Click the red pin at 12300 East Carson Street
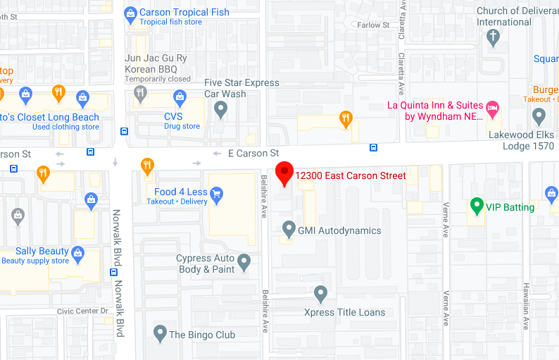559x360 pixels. click(x=284, y=172)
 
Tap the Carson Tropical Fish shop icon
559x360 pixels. click(x=130, y=13)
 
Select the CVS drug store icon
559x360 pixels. click(x=180, y=96)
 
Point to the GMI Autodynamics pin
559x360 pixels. click(x=288, y=229)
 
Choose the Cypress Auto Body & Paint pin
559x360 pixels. click(x=244, y=262)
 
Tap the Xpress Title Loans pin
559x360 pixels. click(x=320, y=293)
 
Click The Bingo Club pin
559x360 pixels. click(x=160, y=333)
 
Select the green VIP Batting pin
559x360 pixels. click(x=477, y=206)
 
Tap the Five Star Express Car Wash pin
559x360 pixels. click(x=220, y=108)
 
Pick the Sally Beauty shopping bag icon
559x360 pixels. click(x=77, y=252)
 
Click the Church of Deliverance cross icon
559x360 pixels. click(x=494, y=37)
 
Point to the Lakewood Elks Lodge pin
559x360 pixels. click(x=539, y=116)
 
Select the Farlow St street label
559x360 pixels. click(x=373, y=25)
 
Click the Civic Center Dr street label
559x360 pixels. click(x=83, y=311)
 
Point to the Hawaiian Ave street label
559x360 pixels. click(x=526, y=306)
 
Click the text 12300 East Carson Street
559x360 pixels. click(x=351, y=175)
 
